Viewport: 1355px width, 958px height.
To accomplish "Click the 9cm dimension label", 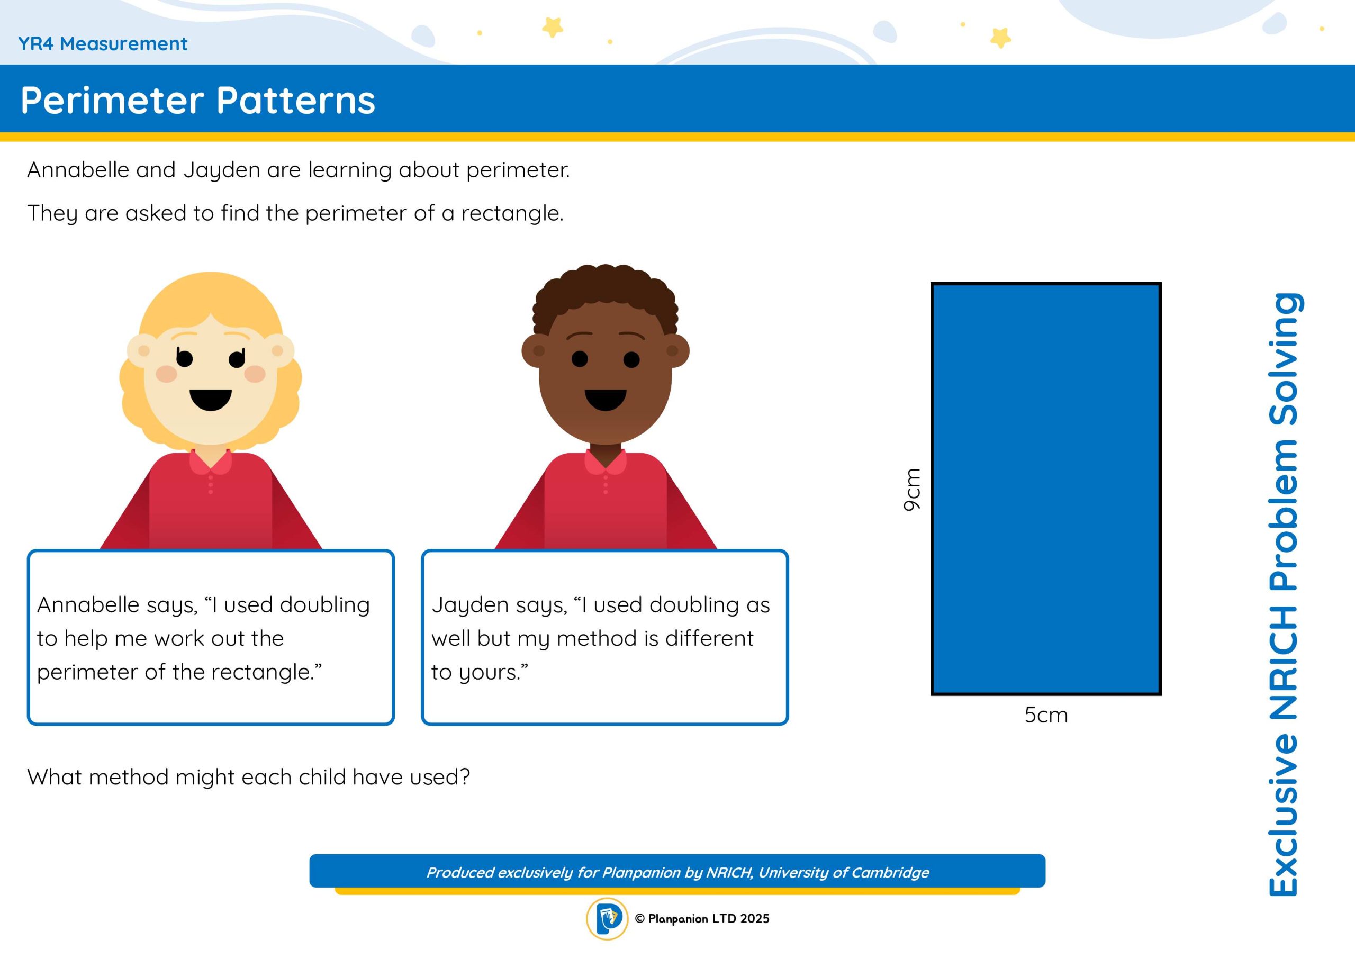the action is click(912, 490).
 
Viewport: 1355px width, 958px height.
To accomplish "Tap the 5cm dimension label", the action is click(1046, 716).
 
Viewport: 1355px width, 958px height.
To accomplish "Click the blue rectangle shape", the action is click(1046, 489).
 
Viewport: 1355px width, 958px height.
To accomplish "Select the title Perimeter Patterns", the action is click(198, 101).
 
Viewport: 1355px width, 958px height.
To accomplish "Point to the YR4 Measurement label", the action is click(103, 44).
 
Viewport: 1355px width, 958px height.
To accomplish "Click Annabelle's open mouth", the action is click(211, 400).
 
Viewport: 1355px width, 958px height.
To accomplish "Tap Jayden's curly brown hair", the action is click(606, 295).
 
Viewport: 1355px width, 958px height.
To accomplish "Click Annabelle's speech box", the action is click(211, 637).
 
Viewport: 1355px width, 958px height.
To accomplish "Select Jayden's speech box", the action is click(605, 637).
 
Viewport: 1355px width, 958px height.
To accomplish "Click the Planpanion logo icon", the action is click(607, 919).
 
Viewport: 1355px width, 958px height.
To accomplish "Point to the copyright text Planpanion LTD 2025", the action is click(702, 918).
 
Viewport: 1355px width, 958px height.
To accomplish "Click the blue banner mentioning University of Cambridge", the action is click(677, 871).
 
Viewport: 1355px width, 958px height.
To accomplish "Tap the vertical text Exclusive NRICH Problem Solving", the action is click(1284, 594).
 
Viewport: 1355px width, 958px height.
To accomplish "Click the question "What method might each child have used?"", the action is click(248, 778).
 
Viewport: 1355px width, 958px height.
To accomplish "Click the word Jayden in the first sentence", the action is click(222, 170).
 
